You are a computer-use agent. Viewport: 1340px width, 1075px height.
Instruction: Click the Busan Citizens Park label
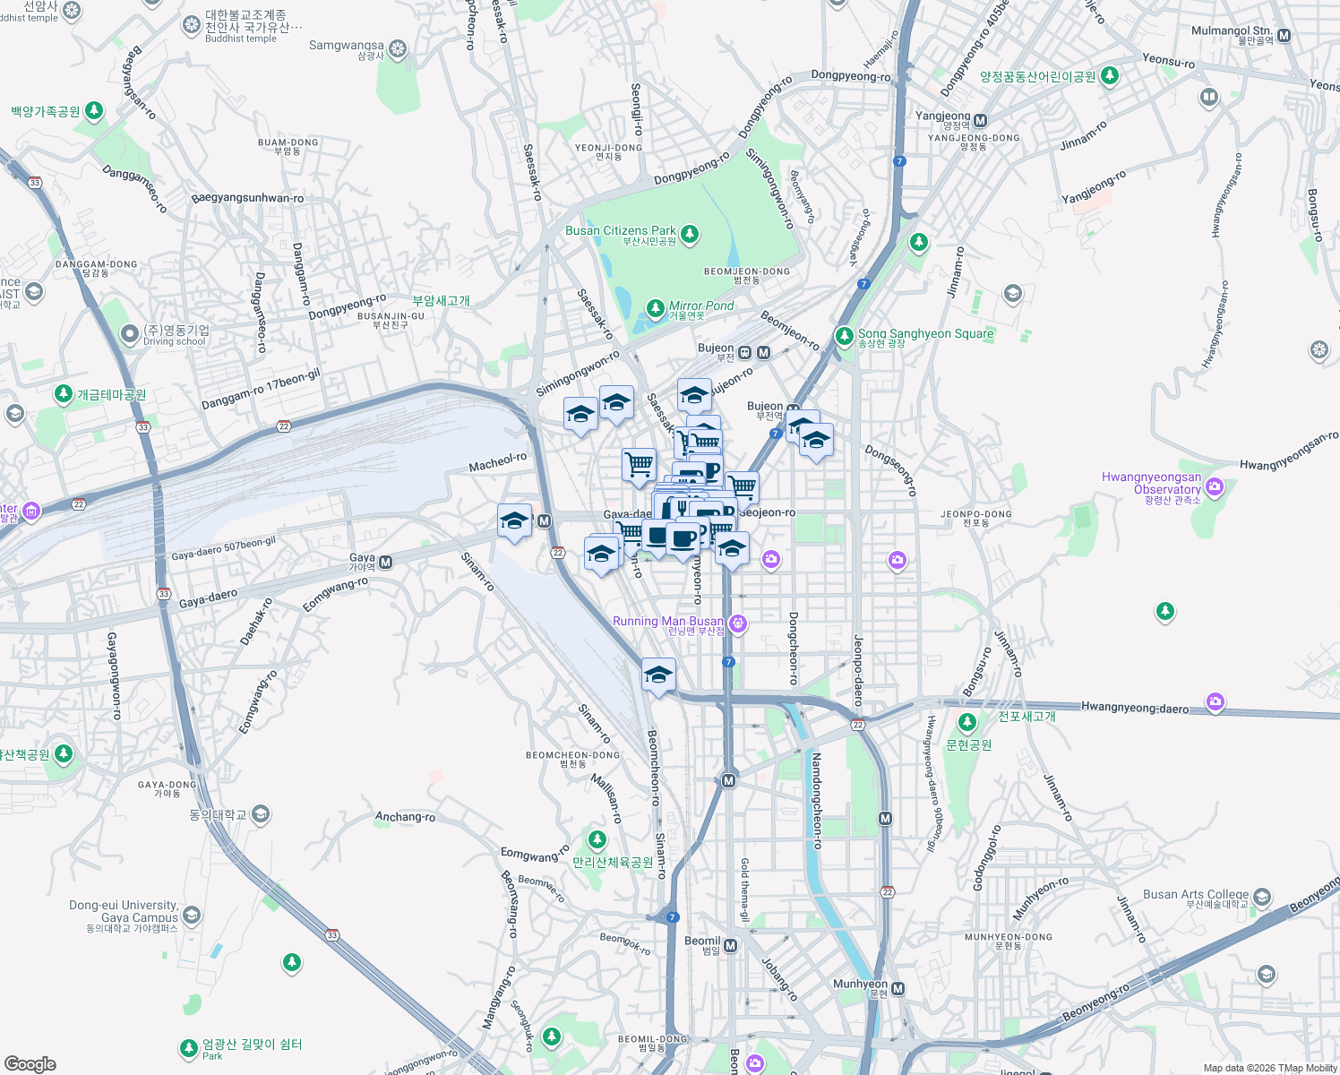[x=621, y=231]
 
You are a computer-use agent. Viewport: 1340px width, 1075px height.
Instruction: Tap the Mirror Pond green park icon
[x=656, y=308]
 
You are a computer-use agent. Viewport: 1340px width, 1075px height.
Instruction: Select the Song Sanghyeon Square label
[x=925, y=334]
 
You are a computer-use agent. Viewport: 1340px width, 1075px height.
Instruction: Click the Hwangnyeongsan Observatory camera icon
[x=1215, y=487]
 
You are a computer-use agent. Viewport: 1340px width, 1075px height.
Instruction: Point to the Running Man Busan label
[x=668, y=622]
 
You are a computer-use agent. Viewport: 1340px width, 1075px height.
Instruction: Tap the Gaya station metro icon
[x=386, y=563]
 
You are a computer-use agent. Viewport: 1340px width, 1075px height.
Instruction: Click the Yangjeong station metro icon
[x=980, y=120]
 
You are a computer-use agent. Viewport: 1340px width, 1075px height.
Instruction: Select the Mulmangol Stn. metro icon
[x=1284, y=36]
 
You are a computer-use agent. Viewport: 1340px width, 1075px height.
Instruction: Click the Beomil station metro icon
[x=731, y=945]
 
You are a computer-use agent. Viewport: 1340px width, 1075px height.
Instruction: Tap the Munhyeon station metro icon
[x=898, y=989]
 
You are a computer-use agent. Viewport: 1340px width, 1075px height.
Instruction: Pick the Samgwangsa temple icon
[x=398, y=48]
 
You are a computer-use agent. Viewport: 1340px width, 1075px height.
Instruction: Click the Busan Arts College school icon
[x=1262, y=898]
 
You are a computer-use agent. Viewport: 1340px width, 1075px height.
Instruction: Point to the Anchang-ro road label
[x=405, y=817]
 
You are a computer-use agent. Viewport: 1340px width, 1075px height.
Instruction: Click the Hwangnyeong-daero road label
[x=1135, y=708]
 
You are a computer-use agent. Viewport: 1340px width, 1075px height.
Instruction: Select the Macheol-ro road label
[x=498, y=461]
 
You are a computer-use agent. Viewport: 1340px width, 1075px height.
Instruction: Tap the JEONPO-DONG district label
[x=975, y=515]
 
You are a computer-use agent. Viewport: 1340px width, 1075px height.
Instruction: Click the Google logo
[x=30, y=1064]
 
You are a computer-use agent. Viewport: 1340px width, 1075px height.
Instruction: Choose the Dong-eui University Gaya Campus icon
[x=191, y=916]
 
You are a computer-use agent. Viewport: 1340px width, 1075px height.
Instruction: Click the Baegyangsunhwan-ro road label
[x=247, y=198]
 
